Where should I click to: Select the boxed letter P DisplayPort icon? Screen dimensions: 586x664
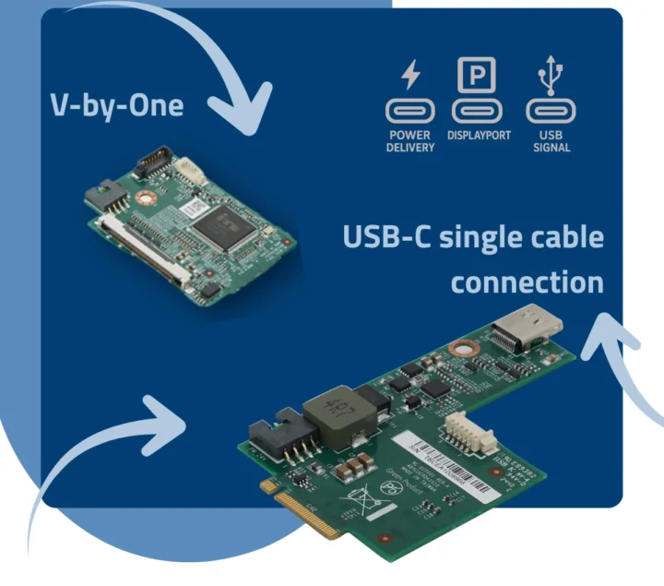477,75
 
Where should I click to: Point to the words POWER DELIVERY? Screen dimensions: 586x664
410,141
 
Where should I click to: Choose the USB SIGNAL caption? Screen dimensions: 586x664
551,141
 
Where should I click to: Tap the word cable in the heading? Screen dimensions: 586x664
565,237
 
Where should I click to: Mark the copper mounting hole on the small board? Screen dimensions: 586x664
143,196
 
